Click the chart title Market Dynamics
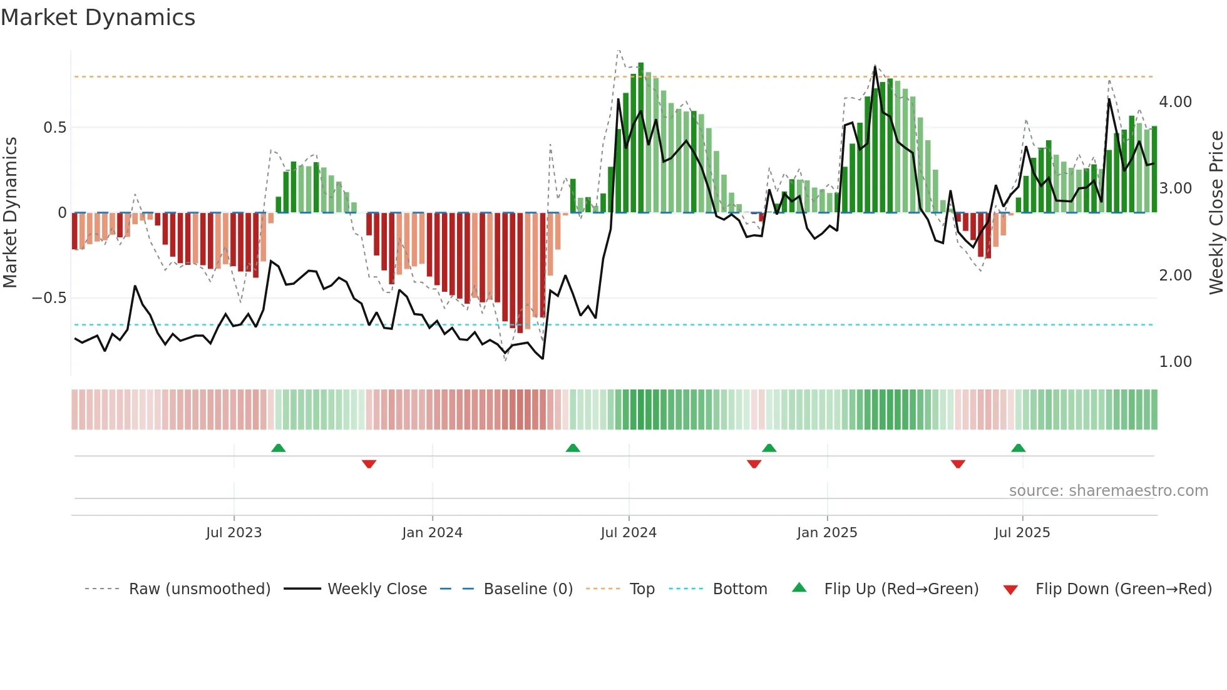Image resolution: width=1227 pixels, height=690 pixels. (98, 18)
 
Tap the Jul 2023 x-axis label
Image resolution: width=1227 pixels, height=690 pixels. (234, 533)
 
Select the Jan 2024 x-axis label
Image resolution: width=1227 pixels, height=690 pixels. (432, 533)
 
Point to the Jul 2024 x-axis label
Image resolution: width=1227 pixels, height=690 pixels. (629, 533)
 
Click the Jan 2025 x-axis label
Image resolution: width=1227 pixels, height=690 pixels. (827, 533)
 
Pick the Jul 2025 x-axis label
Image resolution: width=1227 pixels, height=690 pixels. (1022, 533)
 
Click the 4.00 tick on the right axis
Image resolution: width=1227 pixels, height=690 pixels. (1175, 102)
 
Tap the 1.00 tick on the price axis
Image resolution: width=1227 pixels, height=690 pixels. (1175, 362)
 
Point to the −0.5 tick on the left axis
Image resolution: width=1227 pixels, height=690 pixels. (49, 298)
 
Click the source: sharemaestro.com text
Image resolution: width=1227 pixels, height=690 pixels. (1108, 491)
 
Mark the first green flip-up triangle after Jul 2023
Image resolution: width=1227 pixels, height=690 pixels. (279, 448)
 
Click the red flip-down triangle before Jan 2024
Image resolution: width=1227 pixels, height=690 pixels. (369, 464)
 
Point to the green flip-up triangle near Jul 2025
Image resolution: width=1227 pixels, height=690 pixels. (1018, 448)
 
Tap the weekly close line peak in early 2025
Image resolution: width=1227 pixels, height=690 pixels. (875, 66)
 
